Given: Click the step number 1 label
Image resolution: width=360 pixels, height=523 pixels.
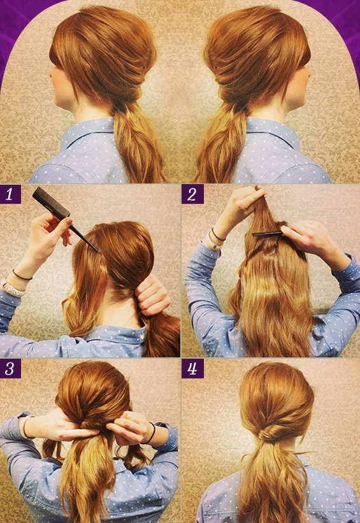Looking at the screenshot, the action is click(x=10, y=194).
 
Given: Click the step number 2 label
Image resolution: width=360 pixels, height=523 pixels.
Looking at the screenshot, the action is click(x=192, y=194).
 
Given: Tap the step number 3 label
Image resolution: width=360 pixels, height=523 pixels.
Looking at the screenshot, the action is click(x=10, y=369).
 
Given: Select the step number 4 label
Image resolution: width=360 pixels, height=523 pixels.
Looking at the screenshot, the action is click(x=192, y=369).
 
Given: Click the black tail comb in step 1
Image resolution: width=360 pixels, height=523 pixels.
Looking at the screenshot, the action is click(x=63, y=217).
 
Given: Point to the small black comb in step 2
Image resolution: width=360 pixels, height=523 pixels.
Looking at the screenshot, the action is click(x=267, y=234).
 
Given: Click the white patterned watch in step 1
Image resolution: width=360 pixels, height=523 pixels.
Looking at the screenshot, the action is click(x=12, y=287).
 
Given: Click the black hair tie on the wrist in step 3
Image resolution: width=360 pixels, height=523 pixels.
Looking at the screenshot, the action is click(x=151, y=434).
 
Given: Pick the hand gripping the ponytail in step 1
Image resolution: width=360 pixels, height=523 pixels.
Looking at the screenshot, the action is click(x=152, y=295).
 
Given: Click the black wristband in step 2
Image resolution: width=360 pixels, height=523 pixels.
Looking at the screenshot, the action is click(x=218, y=235).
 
